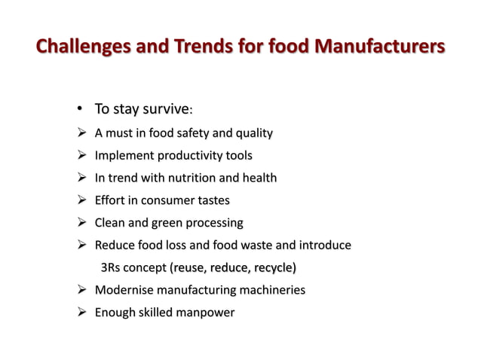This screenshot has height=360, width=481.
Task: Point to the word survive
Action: (x=164, y=111)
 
